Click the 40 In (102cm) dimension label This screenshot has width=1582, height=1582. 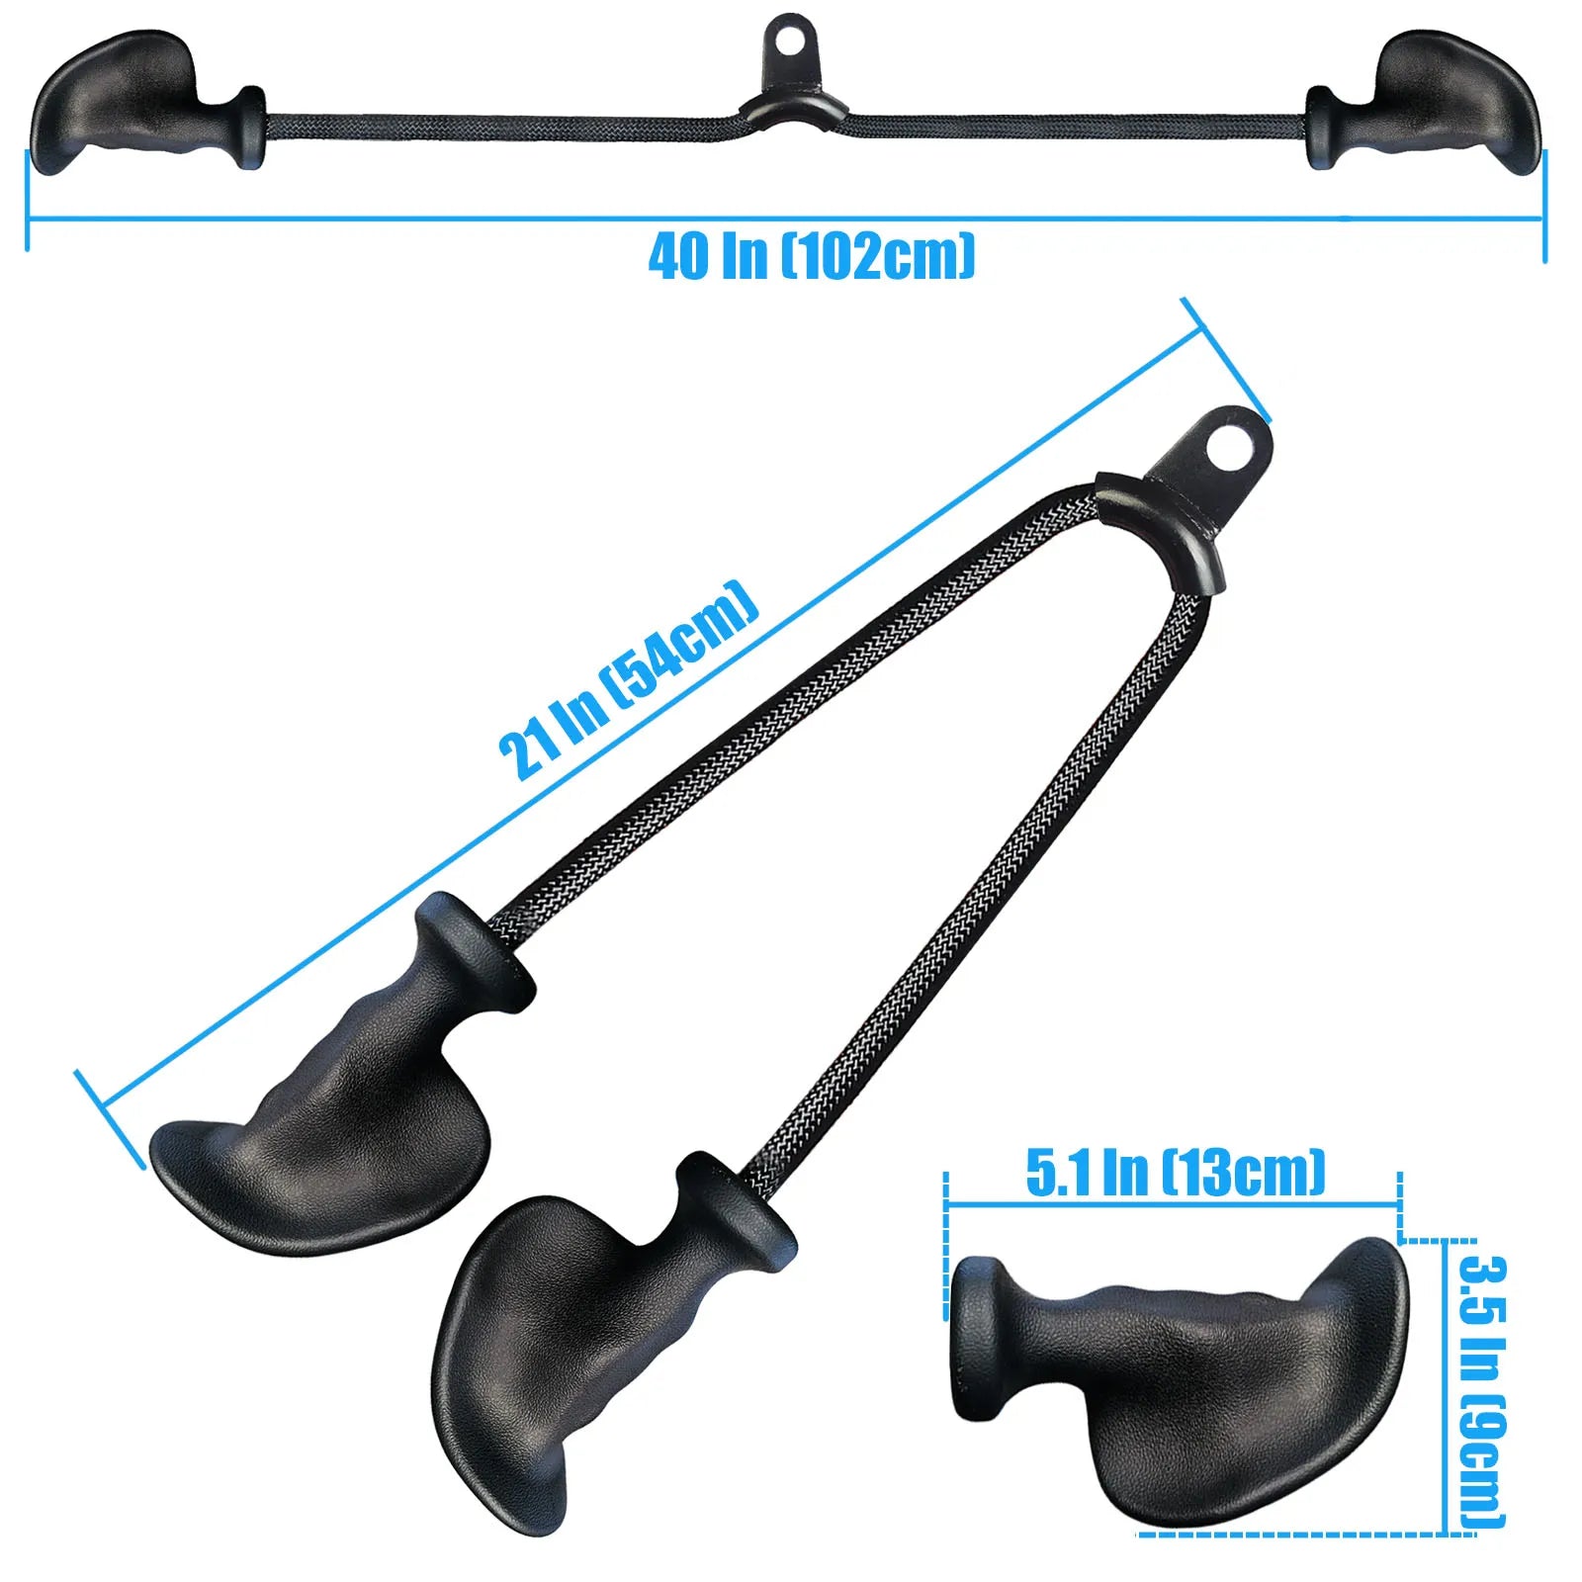(x=812, y=256)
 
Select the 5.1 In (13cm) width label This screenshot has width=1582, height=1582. (x=1175, y=1174)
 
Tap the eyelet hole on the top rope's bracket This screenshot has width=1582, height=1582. (x=790, y=39)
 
